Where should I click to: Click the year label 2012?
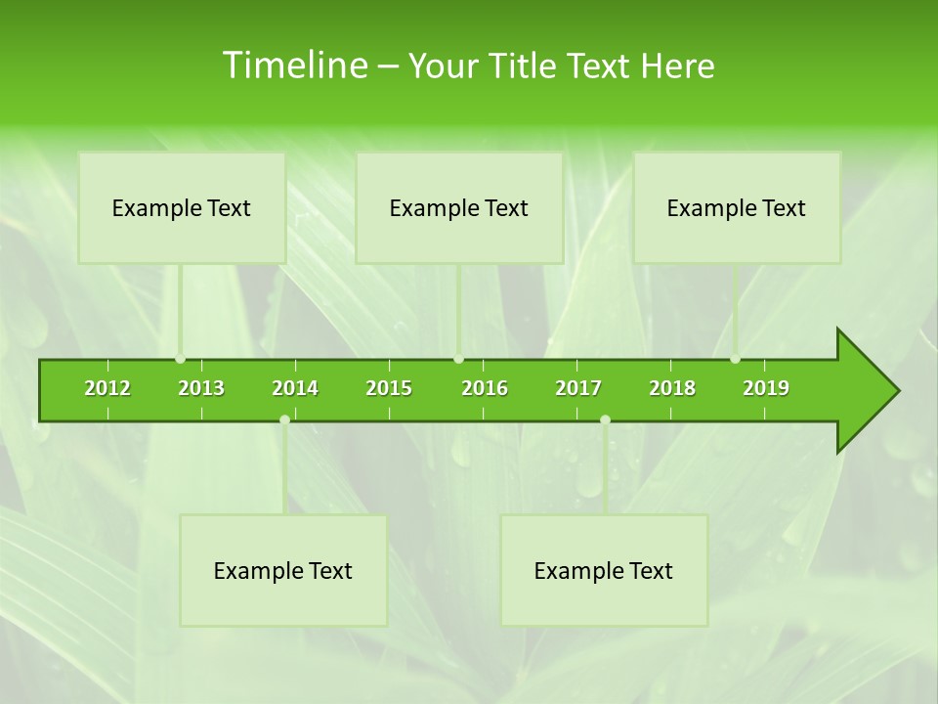point(107,388)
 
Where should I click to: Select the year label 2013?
point(201,388)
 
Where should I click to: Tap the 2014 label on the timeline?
point(295,388)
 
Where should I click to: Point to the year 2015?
point(389,388)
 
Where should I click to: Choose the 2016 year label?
point(485,388)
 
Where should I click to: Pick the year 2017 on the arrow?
point(578,388)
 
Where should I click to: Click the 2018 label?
point(672,388)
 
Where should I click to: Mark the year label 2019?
point(766,388)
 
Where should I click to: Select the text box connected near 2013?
point(182,207)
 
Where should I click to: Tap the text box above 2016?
point(459,207)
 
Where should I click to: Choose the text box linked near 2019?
point(737,207)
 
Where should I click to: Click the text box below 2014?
point(283,570)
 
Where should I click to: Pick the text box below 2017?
point(604,570)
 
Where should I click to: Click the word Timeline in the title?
point(293,66)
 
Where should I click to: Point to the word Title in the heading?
point(524,66)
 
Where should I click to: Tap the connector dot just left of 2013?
point(180,359)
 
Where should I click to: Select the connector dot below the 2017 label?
point(605,420)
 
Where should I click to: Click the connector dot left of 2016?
point(458,359)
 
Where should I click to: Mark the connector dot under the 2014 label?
point(284,420)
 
